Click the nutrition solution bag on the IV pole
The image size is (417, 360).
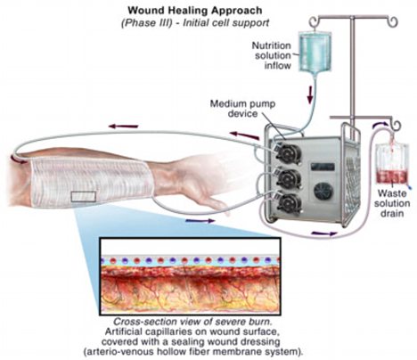click(314, 53)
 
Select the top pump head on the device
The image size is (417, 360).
click(288, 153)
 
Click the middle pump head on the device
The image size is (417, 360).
click(288, 178)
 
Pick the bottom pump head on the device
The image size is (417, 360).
click(288, 203)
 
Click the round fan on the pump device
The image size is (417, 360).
click(323, 192)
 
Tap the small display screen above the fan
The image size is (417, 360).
click(323, 167)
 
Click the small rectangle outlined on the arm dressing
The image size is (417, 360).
click(84, 197)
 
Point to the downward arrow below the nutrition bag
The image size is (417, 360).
click(310, 94)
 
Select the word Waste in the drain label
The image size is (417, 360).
click(392, 193)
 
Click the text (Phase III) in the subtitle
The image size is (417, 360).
click(147, 23)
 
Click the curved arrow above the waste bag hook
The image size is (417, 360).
click(381, 124)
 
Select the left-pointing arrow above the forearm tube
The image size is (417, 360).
click(123, 127)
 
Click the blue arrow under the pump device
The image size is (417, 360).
click(324, 233)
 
